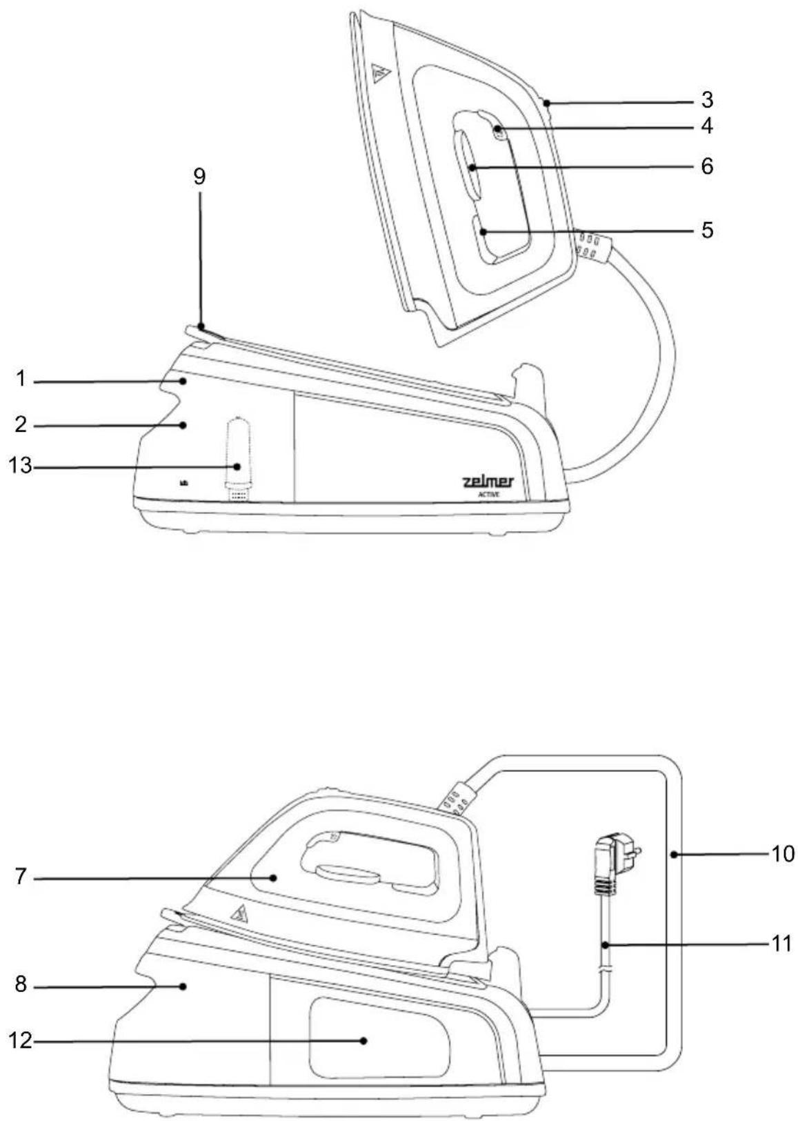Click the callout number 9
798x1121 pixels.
coord(199,177)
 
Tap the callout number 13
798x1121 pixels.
coord(20,466)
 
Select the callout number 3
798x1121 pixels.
coord(706,100)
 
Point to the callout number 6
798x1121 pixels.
coord(706,166)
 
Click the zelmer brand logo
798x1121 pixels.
coord(487,482)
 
